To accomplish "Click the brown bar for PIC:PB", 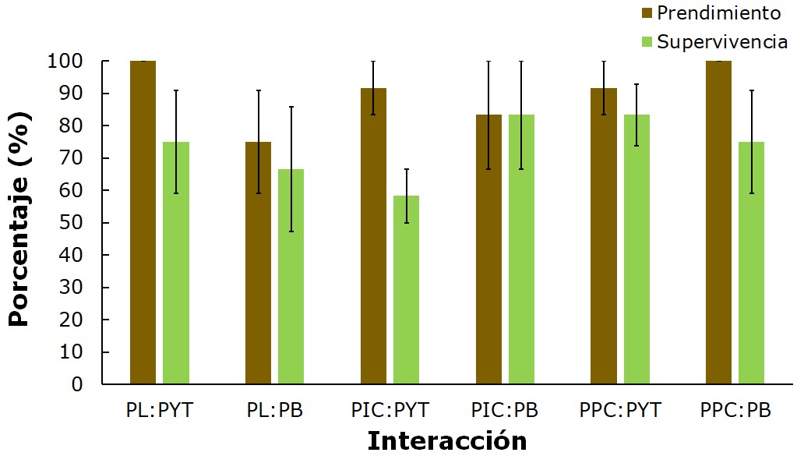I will pyautogui.click(x=488, y=249).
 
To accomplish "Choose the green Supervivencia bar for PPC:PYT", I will pyautogui.click(x=636, y=249).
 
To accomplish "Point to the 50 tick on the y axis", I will pyautogui.click(x=72, y=223).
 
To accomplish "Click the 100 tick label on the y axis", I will pyautogui.click(x=65, y=62).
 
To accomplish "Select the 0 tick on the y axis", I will pyautogui.click(x=77, y=384).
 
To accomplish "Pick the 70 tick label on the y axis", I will pyautogui.click(x=72, y=158).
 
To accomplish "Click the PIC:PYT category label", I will pyautogui.click(x=390, y=410).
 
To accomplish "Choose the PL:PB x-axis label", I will pyautogui.click(x=274, y=410).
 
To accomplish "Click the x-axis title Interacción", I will pyautogui.click(x=446, y=441).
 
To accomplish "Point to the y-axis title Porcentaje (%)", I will pyautogui.click(x=20, y=222).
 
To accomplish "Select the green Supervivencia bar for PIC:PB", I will pyautogui.click(x=521, y=249).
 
